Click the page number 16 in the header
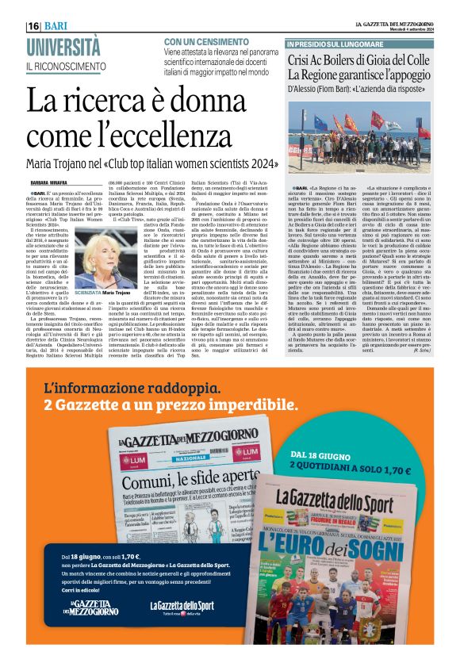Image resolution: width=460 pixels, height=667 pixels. tap(34, 26)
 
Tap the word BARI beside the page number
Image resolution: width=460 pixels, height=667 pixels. tap(55, 26)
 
